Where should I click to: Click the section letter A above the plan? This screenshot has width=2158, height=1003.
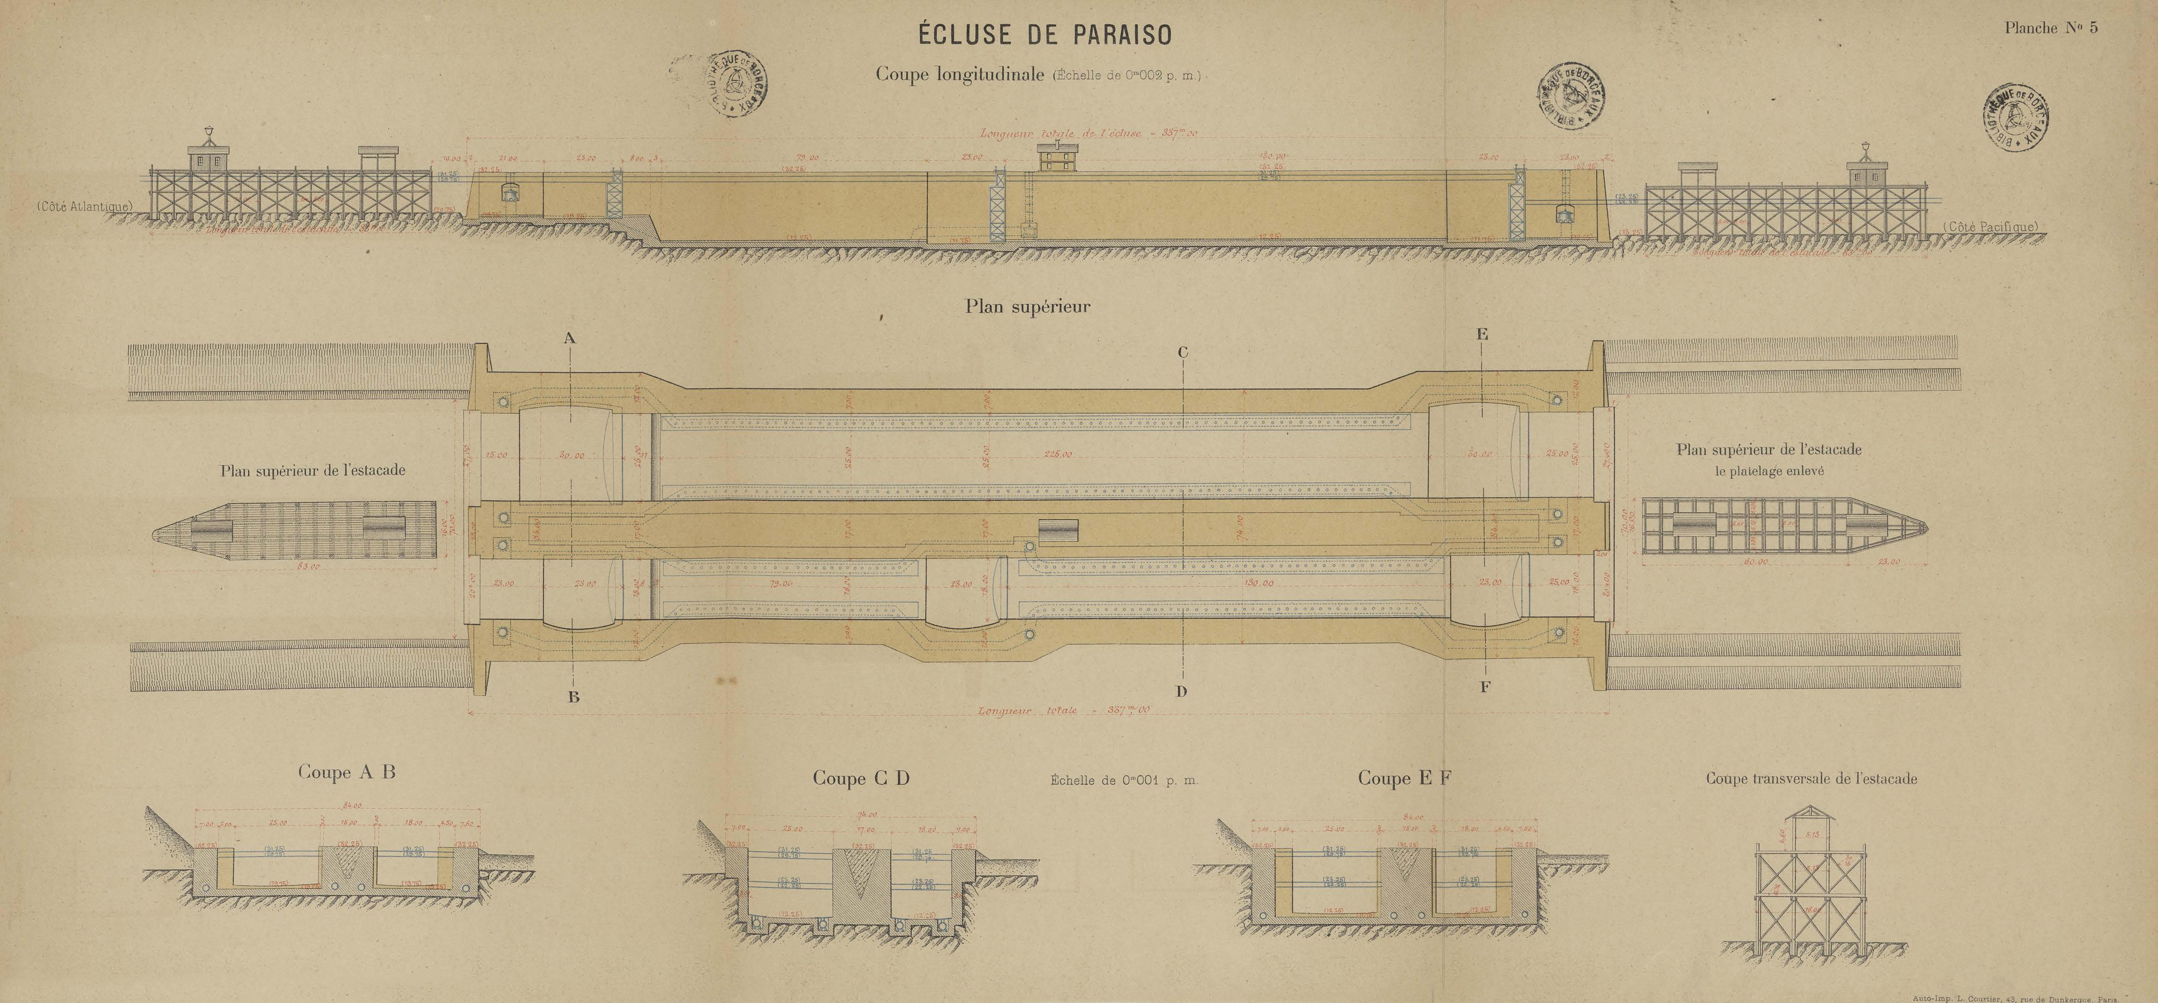click(570, 339)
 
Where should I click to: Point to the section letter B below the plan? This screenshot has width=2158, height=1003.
click(574, 696)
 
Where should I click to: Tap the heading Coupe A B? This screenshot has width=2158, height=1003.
click(346, 772)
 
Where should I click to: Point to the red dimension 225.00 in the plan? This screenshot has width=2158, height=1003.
click(1057, 455)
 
